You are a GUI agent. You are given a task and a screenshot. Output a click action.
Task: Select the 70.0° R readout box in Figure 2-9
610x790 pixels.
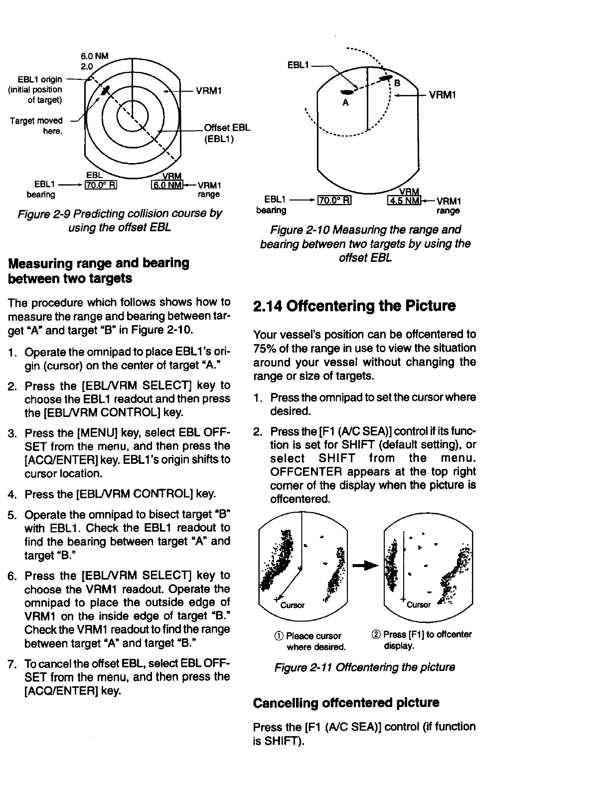point(101,187)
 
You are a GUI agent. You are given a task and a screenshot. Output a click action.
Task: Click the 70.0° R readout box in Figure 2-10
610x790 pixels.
point(335,201)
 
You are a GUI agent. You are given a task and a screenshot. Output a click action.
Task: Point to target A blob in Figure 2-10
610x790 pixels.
point(347,92)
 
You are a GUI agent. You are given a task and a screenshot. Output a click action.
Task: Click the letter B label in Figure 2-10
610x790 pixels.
point(397,83)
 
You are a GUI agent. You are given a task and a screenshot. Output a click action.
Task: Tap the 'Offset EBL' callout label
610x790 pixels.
point(227,127)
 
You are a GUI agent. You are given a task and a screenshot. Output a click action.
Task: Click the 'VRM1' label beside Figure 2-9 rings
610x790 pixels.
point(209,91)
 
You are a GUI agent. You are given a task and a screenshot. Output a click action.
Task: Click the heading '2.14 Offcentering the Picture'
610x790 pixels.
point(354,306)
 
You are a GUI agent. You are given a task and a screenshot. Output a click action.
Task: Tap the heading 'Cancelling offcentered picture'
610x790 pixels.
point(346,703)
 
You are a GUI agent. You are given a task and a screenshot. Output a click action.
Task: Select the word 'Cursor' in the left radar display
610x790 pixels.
point(293,605)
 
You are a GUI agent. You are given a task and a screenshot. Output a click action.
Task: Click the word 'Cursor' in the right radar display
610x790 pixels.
point(418,605)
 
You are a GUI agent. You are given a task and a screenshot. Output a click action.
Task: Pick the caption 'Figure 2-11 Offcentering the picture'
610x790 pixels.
point(364,667)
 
